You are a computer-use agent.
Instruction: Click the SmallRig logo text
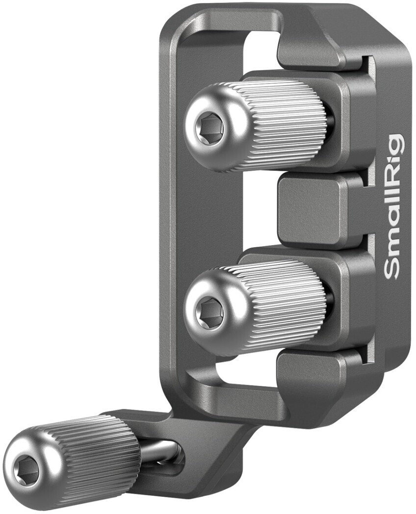394,206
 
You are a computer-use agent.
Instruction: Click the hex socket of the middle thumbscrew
209,310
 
